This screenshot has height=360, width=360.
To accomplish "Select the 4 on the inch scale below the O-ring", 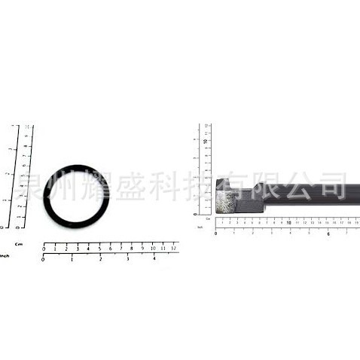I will point(154,258).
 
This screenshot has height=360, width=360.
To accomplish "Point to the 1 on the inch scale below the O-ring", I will point(72,258).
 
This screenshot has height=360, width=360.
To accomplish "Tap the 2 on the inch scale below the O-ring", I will point(100,258).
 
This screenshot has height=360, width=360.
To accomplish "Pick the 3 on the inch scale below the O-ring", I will point(127,258).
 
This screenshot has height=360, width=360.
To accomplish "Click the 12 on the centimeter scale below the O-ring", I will point(173,248).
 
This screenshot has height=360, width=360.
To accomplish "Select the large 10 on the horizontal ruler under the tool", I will point(289,223).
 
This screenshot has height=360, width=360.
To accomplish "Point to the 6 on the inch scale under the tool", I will point(328,233).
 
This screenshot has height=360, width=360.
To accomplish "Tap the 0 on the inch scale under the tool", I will point(216,233).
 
